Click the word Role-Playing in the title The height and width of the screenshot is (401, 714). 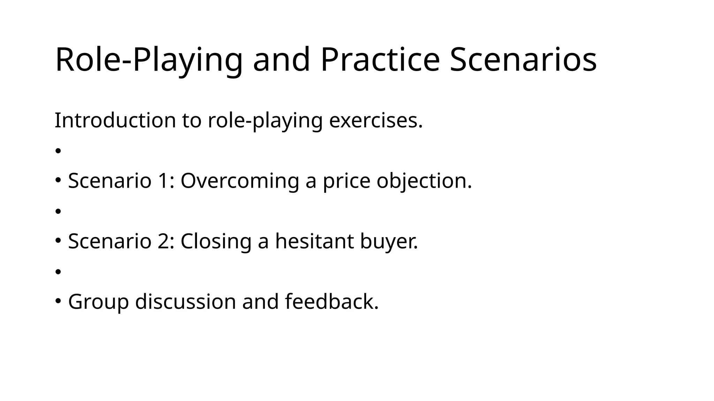tap(149, 60)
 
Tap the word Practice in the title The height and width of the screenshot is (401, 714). tap(380, 60)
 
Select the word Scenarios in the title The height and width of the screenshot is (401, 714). tap(523, 60)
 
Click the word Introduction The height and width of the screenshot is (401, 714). tap(115, 120)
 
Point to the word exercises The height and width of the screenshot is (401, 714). tap(375, 120)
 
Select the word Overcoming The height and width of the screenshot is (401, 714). tap(240, 181)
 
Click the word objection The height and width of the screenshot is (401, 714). tap(424, 181)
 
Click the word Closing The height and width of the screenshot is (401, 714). tap(216, 241)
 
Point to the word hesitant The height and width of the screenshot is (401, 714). tap(314, 241)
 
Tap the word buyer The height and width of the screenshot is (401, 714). tap(388, 241)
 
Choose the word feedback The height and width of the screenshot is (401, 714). tap(331, 301)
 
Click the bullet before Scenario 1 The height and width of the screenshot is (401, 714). tap(58, 180)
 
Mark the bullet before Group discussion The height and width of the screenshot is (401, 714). tap(58, 301)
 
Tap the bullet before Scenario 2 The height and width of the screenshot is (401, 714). tap(58, 241)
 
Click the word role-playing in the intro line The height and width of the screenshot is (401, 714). tap(265, 120)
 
